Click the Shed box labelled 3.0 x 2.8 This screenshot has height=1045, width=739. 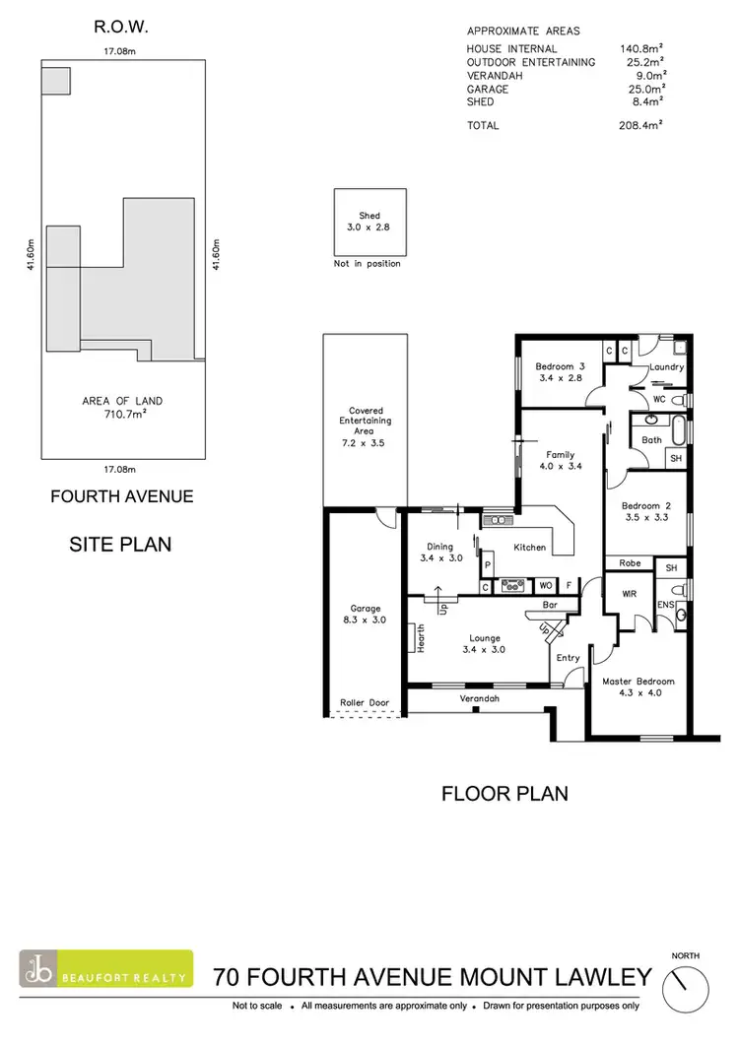(369, 222)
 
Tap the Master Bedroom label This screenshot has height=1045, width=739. (638, 682)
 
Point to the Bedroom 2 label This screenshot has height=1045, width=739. (645, 508)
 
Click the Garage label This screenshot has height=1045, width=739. (365, 609)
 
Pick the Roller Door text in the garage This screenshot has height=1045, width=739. (365, 703)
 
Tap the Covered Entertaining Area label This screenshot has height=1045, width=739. (365, 421)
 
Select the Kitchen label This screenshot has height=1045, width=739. (529, 547)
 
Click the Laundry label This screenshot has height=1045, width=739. (667, 367)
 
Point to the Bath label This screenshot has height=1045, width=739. (651, 439)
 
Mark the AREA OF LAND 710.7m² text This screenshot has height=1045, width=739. (122, 408)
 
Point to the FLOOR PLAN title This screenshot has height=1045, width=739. (504, 793)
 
